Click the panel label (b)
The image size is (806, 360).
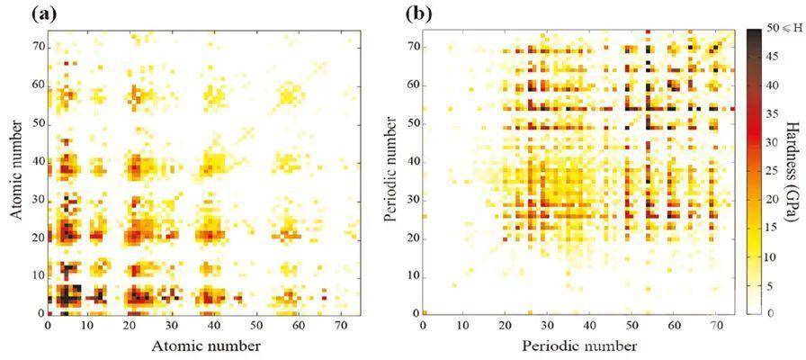click(x=420, y=13)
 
